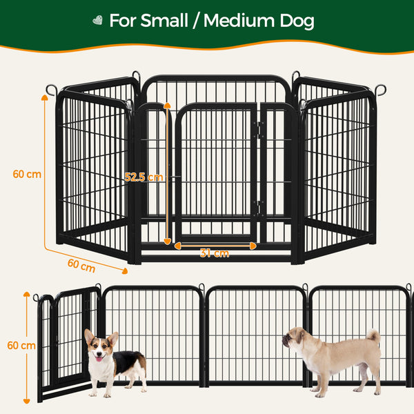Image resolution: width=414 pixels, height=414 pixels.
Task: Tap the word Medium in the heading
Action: [x=245, y=21]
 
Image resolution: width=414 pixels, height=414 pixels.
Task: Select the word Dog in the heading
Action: [x=297, y=21]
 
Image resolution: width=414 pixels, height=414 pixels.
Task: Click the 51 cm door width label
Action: [x=215, y=253]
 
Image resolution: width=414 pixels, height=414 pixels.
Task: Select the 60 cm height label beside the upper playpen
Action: [x=27, y=174]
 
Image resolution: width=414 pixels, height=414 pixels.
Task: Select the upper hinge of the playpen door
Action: [x=259, y=129]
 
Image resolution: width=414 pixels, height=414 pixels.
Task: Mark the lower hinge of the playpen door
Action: [x=259, y=206]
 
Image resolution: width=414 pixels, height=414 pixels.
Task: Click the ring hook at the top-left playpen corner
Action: [x=52, y=90]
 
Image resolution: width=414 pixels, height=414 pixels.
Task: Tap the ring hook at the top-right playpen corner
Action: [x=380, y=90]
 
